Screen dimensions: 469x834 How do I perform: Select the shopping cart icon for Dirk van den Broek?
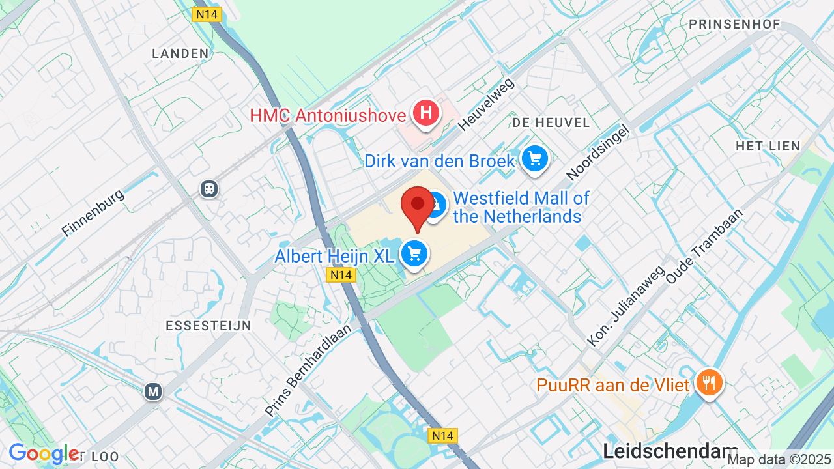(x=535, y=158)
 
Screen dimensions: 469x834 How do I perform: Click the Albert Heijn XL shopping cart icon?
(x=414, y=254)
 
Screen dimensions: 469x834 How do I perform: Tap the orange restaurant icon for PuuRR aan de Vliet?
(x=707, y=382)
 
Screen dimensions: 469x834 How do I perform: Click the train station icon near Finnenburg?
(x=209, y=188)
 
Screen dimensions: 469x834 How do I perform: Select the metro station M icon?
(x=153, y=391)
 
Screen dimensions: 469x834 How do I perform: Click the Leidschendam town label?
(x=670, y=451)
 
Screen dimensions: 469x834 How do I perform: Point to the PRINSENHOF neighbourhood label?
(x=734, y=24)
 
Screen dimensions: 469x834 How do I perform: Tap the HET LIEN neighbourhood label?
(x=768, y=146)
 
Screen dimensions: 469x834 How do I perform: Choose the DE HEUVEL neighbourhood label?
(x=551, y=122)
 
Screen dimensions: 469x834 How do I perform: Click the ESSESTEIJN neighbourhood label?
(x=208, y=326)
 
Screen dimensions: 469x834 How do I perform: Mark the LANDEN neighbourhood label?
(x=180, y=53)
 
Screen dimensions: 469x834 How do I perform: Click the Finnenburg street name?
(x=93, y=213)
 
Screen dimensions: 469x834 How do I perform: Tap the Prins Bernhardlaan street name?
(x=308, y=370)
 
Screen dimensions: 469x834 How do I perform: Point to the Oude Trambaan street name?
(x=704, y=246)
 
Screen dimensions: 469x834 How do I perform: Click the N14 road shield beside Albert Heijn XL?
(x=340, y=275)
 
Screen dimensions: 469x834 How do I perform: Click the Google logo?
(x=44, y=453)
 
